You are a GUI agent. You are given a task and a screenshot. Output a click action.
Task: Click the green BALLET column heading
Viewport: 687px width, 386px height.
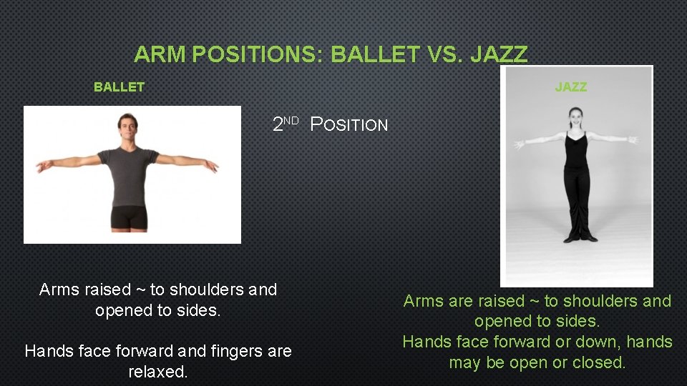click(x=119, y=87)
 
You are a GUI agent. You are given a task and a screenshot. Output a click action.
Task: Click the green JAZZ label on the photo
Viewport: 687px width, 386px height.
click(x=570, y=87)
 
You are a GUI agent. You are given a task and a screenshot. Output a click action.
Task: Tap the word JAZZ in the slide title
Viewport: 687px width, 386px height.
click(x=499, y=54)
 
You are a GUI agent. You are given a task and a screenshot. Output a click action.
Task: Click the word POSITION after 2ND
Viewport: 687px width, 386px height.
click(x=349, y=125)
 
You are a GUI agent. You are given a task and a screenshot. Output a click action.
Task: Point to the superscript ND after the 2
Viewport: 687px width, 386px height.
click(x=290, y=120)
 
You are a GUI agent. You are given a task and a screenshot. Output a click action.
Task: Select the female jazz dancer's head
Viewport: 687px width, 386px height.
click(x=575, y=118)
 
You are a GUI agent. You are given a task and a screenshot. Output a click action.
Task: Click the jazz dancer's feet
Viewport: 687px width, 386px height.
click(x=576, y=237)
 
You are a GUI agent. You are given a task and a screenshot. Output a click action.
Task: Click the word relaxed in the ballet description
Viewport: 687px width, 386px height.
click(x=157, y=372)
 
